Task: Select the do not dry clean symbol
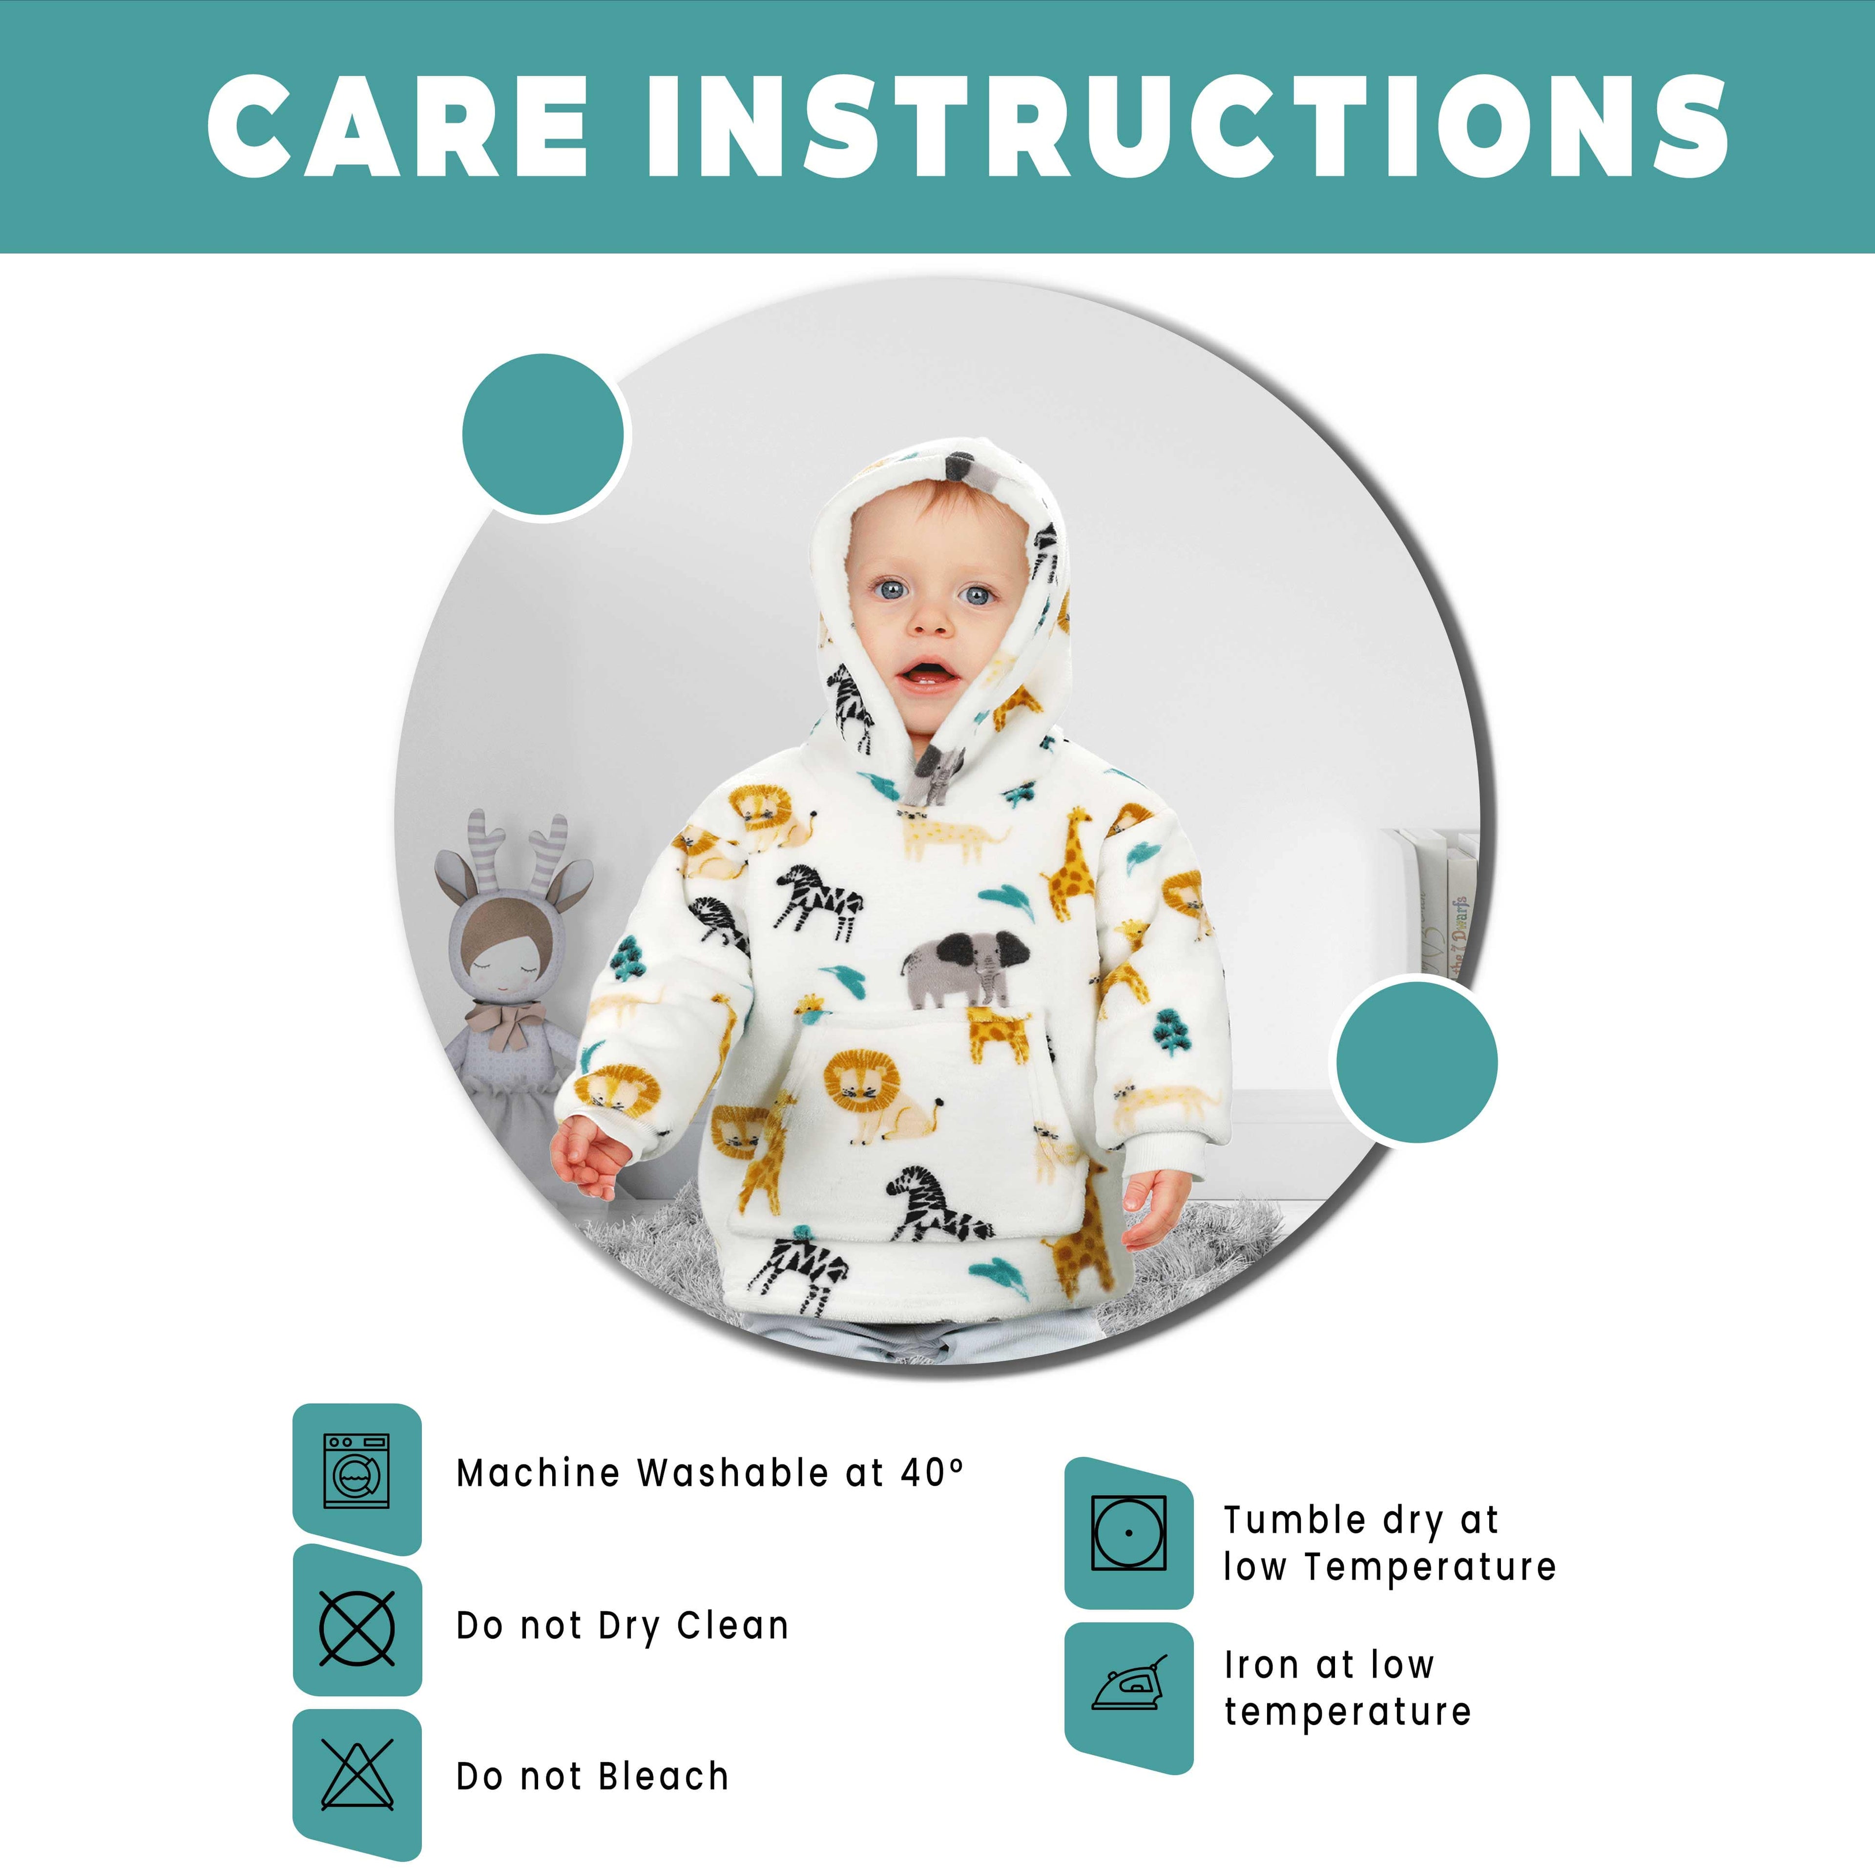point(356,1627)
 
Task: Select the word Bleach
point(663,1776)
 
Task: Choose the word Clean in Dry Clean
point(733,1625)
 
